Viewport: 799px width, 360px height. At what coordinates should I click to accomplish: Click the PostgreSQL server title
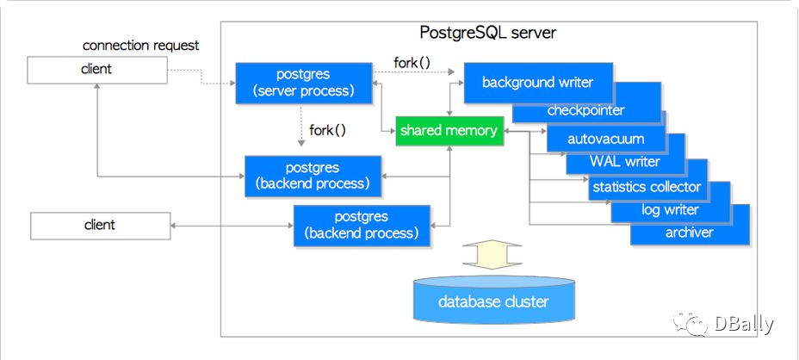[487, 33]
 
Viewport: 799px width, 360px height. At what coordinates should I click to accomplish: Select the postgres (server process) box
[304, 84]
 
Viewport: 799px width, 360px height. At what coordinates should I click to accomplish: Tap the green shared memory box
[449, 131]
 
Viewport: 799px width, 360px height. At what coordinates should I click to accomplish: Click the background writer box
[537, 83]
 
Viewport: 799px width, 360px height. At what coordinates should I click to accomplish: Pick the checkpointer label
[585, 110]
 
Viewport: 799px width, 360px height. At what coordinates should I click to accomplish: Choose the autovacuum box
[606, 138]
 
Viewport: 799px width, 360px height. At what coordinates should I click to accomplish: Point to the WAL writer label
[625, 162]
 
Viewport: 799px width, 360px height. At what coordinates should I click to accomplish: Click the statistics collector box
[647, 187]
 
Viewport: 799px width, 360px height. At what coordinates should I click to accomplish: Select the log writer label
[670, 209]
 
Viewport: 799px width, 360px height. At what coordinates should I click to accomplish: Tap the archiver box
[690, 233]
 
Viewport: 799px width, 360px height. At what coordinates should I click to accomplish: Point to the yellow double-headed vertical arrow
[492, 254]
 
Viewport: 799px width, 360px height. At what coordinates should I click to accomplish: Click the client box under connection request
[96, 70]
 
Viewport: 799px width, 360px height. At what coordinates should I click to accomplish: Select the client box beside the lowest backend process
[100, 226]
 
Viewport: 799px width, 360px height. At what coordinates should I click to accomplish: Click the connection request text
[140, 46]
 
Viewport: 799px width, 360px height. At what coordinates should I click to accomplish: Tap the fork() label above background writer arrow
[412, 63]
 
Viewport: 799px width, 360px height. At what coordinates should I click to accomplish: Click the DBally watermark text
[744, 324]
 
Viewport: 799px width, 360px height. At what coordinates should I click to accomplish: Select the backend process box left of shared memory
[313, 176]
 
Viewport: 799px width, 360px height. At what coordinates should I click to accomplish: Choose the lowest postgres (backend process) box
[362, 226]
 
